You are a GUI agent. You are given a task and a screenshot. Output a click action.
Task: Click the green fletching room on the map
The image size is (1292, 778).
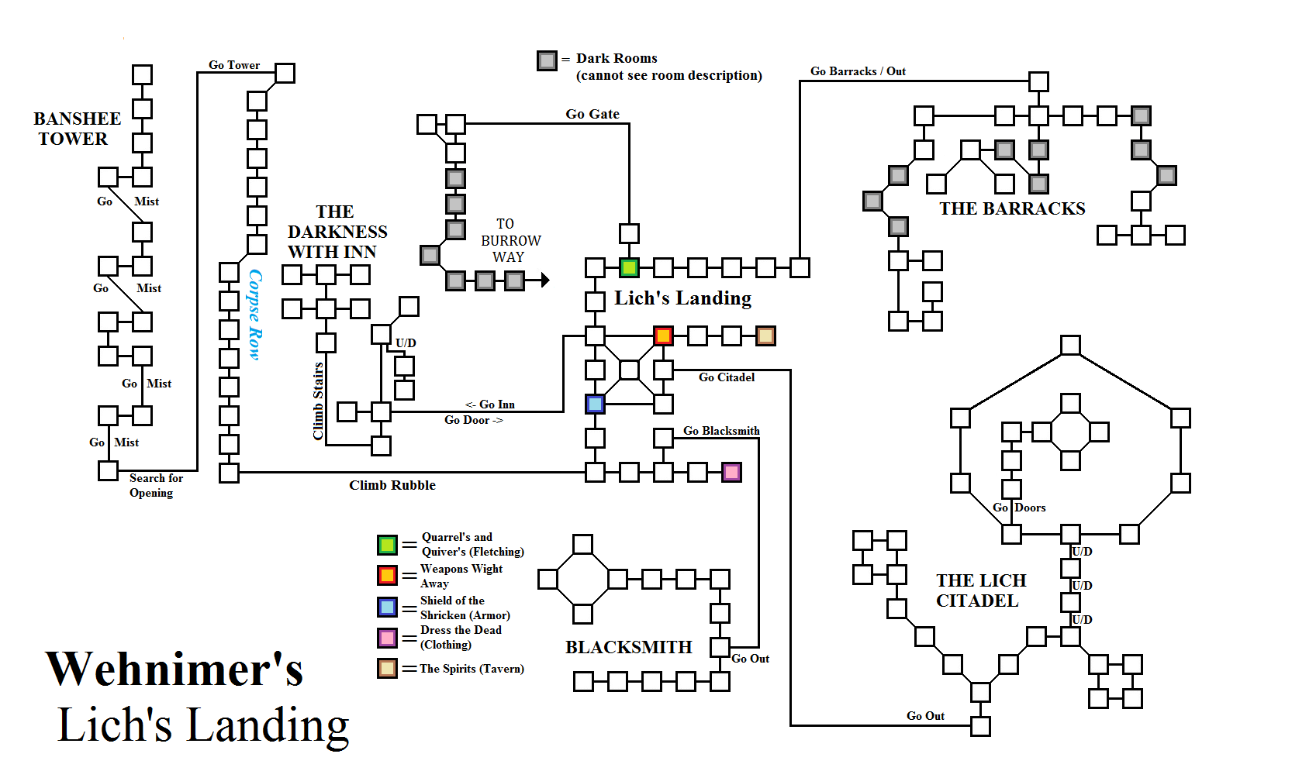pos(629,268)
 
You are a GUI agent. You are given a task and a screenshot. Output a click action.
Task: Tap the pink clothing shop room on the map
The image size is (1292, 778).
pos(731,472)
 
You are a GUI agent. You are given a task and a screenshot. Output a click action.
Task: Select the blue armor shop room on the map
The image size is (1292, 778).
pos(595,404)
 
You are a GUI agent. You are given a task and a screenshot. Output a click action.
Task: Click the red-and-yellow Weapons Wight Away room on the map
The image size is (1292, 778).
pos(663,336)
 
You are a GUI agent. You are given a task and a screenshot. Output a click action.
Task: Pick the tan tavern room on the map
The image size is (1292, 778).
pos(765,336)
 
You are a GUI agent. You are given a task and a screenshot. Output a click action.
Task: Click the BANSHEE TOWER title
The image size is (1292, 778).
pos(76,129)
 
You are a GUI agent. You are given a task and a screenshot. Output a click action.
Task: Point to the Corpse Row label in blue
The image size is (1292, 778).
pos(255,314)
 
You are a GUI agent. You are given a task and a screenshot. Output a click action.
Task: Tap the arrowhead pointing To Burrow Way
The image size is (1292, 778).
pos(546,280)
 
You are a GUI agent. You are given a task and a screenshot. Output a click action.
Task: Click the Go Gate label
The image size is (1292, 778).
pos(592,114)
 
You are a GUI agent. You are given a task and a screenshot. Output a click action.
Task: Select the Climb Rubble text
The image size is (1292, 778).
pos(392,485)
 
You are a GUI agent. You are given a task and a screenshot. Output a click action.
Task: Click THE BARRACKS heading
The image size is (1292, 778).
pos(1012,208)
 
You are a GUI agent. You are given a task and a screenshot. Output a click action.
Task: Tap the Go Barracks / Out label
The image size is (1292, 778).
pos(858,71)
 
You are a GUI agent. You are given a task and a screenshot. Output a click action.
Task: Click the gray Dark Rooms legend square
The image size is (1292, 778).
pos(547,60)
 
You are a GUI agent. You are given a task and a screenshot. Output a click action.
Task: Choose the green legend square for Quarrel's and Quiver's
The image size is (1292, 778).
pos(387,545)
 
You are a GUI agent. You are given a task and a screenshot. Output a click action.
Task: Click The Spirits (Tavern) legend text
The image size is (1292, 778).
pos(472,669)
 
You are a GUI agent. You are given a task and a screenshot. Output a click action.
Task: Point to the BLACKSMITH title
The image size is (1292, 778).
pos(628,647)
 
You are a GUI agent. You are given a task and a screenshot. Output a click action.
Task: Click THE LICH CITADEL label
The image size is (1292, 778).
pos(980,590)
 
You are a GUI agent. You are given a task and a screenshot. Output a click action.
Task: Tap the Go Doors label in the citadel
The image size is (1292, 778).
pos(1019,508)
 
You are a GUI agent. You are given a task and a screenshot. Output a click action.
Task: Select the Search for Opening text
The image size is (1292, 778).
pos(154,485)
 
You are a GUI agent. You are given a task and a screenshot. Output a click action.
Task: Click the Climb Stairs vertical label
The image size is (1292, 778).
pos(318,401)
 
